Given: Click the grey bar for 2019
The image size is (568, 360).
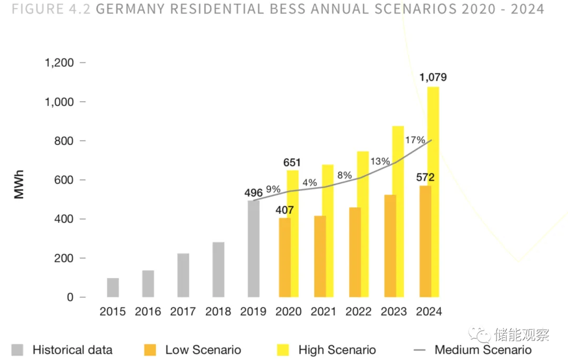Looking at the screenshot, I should tap(253, 248).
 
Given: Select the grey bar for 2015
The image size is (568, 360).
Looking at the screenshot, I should tap(113, 287).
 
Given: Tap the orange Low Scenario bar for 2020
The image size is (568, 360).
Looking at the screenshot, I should tap(285, 257).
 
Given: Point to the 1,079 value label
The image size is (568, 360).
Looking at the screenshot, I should tap(433, 77).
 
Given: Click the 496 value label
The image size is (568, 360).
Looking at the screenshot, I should tap(253, 193).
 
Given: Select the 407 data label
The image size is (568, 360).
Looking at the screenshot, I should tap(285, 211).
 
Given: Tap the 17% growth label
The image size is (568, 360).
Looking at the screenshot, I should tap(415, 140).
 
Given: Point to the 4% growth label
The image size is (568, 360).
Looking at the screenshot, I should tap(310, 183).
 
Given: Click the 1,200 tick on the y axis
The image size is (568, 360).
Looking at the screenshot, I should tap(59, 63).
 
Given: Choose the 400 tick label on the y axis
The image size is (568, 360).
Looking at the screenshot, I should tap(63, 219).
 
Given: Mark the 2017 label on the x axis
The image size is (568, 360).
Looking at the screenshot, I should tap(183, 312).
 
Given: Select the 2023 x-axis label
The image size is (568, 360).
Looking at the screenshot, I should tap(394, 312).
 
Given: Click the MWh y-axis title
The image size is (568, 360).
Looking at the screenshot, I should tap(19, 184).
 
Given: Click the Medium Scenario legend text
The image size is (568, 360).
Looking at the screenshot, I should tap(483, 350).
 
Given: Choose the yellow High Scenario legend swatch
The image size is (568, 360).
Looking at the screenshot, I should tap(283, 350).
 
